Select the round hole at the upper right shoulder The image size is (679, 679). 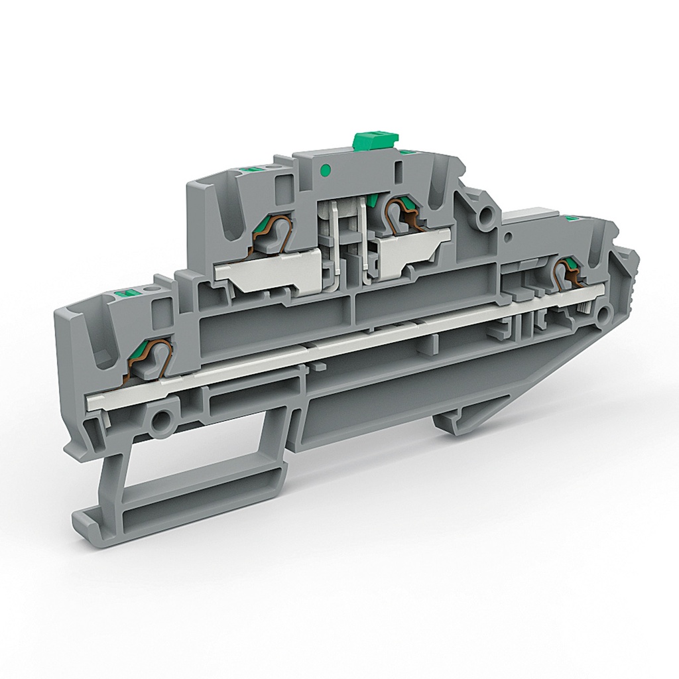488,214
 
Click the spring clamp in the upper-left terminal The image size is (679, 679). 273,235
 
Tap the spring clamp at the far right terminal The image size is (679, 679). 568,273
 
